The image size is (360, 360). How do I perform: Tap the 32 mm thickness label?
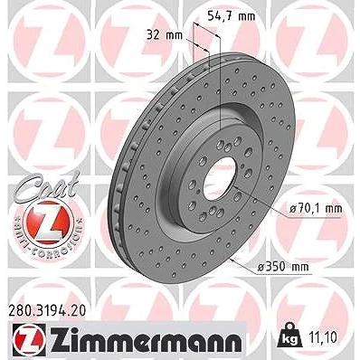(x=165, y=35)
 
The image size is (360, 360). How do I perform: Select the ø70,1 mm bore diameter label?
(x=316, y=208)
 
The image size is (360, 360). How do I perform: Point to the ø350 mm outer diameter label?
(x=283, y=266)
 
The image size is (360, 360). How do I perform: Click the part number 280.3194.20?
(x=46, y=310)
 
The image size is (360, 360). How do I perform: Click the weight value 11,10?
(x=323, y=337)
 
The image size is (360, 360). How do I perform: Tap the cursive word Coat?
(x=45, y=185)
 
